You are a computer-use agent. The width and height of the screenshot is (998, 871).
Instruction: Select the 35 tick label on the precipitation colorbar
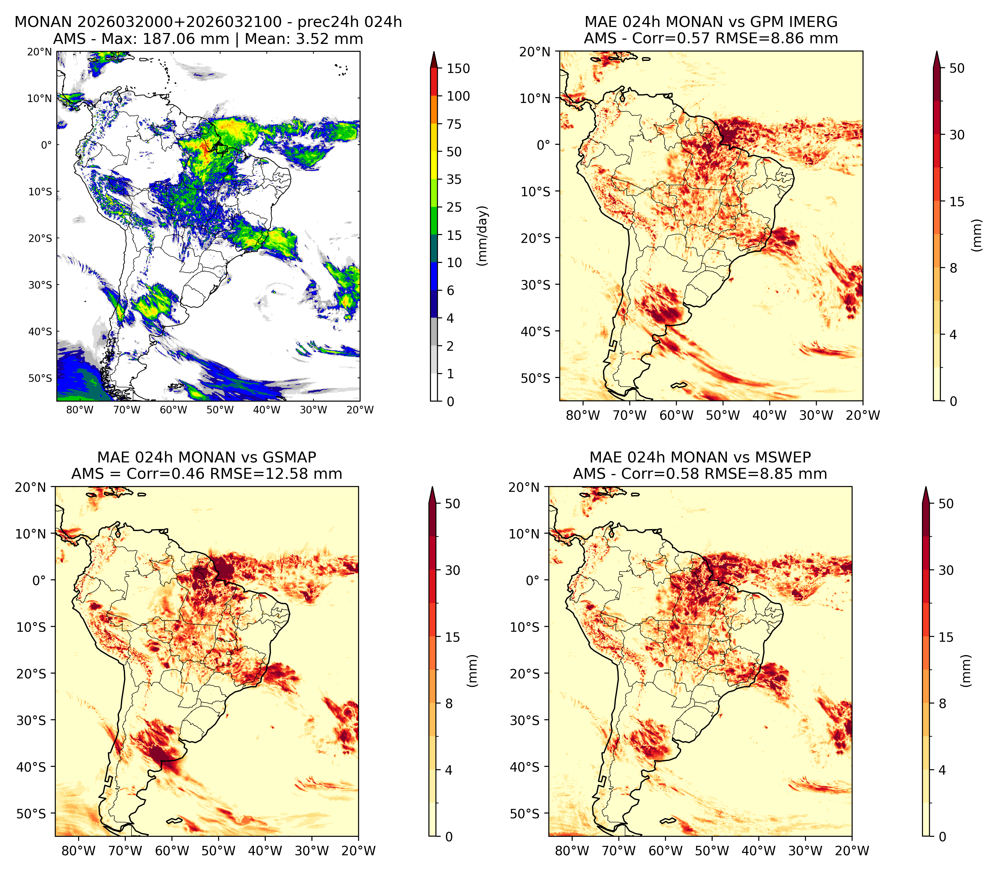click(454, 179)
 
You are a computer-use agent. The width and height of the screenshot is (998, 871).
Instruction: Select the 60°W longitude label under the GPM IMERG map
click(676, 416)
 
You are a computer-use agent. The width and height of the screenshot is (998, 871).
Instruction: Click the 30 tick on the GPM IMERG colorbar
click(957, 135)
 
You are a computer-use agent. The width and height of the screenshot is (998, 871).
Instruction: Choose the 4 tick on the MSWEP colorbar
click(943, 770)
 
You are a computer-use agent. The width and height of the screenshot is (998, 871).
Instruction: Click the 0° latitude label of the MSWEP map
click(533, 580)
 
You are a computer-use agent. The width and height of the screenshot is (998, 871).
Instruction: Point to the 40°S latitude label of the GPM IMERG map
click(536, 332)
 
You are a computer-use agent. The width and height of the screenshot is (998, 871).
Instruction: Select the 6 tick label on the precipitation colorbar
click(451, 290)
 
